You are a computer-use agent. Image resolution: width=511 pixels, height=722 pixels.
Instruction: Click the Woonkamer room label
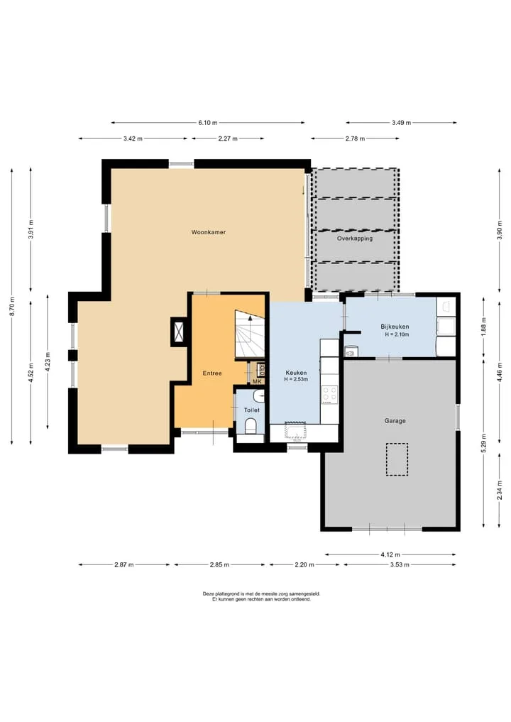pos(209,232)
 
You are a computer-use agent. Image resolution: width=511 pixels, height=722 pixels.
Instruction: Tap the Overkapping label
pos(354,239)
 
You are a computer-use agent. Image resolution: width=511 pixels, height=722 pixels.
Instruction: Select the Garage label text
pos(395,420)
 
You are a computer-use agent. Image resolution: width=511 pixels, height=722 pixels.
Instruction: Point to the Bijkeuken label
pos(395,327)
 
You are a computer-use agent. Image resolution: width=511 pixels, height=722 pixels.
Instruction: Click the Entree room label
pos(212,373)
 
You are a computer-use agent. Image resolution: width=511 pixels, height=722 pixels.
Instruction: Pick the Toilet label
pos(252,410)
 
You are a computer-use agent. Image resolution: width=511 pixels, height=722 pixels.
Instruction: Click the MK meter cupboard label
pos(257,381)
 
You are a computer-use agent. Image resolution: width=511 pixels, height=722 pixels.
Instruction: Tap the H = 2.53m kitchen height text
pos(296,379)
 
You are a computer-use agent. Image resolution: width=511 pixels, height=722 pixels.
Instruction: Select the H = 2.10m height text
pos(397,334)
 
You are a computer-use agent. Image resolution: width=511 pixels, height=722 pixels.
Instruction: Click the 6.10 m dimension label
pos(208,123)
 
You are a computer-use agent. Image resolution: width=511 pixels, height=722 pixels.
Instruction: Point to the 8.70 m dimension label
pos(13,306)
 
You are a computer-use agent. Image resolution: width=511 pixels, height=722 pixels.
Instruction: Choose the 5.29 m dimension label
pos(484,444)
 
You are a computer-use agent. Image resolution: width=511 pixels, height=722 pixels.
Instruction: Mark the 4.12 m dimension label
pos(390,554)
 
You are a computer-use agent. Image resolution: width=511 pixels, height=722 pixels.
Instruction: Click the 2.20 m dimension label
pos(304,564)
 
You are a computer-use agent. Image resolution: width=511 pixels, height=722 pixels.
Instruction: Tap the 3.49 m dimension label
pos(402,123)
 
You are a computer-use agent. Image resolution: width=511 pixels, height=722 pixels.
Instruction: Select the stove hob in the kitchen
pos(329,394)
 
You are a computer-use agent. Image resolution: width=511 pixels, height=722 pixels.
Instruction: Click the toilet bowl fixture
pos(251,425)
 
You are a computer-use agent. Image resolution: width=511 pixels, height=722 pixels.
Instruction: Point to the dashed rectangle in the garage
pos(397,459)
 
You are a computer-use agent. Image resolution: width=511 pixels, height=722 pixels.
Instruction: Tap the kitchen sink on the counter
pos(295,432)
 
